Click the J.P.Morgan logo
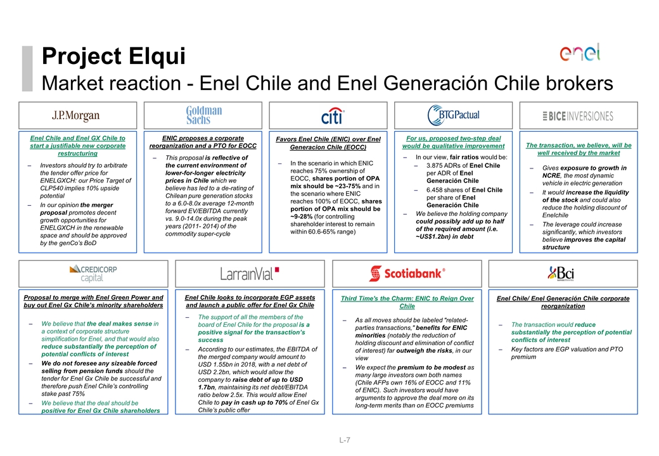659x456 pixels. tap(76, 116)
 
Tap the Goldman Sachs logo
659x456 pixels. tap(203, 115)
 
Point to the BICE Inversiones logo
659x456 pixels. tap(578, 116)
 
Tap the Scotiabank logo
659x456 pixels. tap(407, 273)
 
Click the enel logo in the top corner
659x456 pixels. tap(580, 53)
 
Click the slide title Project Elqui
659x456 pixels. tap(113, 57)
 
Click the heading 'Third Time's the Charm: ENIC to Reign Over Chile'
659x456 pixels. tap(407, 302)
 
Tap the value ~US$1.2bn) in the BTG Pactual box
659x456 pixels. tap(435, 236)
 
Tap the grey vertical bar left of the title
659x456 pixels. tap(26, 68)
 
